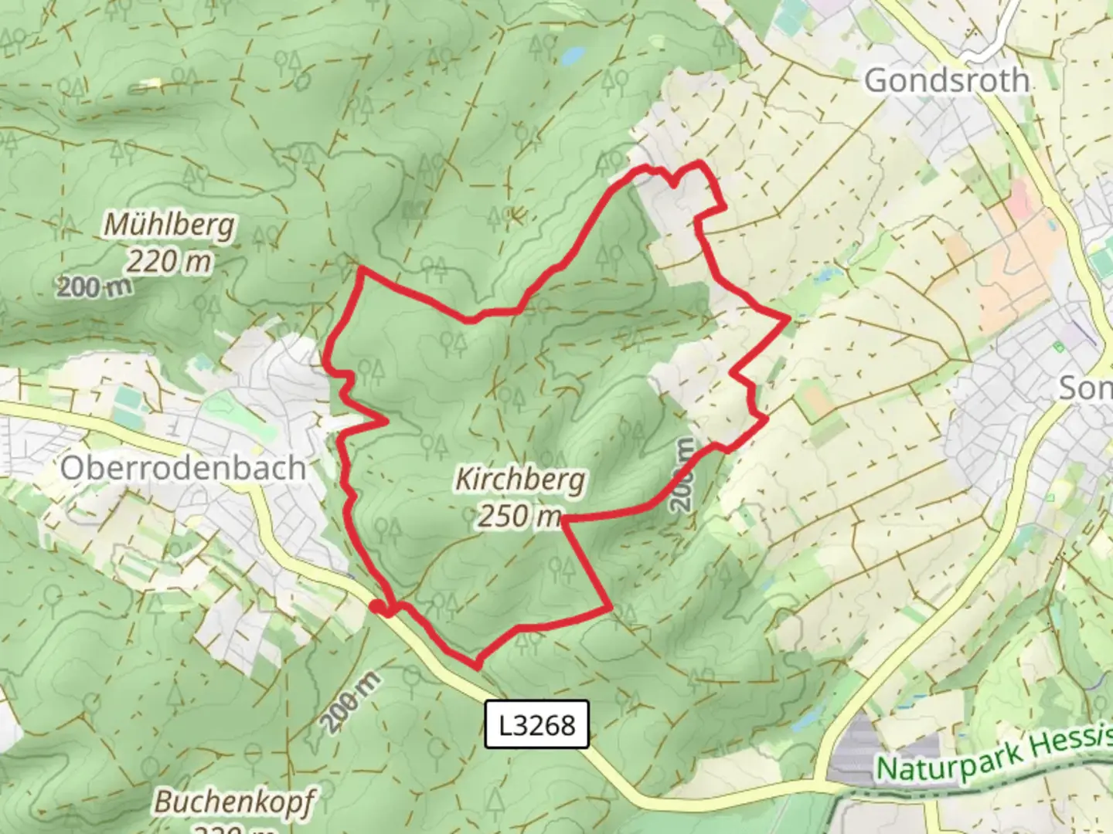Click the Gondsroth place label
[x=946, y=80]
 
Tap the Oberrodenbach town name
[x=183, y=468]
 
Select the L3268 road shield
[x=536, y=724]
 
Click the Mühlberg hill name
[x=169, y=225]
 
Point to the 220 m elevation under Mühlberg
[x=168, y=262]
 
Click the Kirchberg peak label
[x=520, y=480]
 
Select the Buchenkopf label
[x=234, y=802]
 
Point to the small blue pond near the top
[x=573, y=56]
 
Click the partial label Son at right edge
[x=1085, y=388]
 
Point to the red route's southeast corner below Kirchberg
[x=611, y=609]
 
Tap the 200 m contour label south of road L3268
[x=352, y=702]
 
